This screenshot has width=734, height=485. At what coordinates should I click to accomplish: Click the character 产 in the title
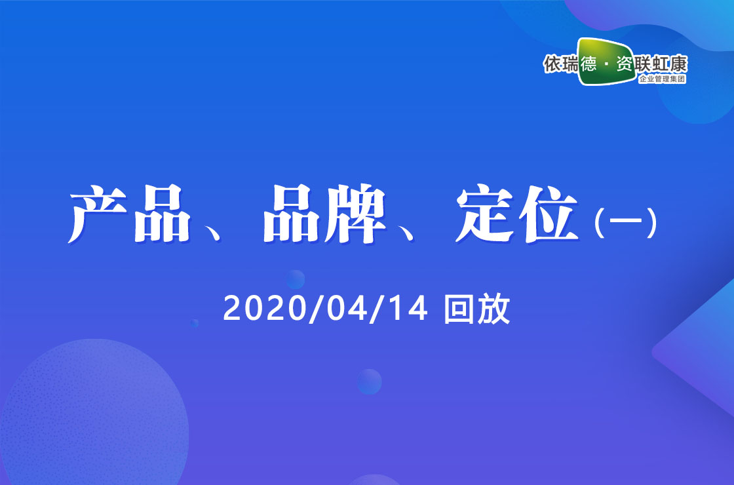pyautogui.click(x=98, y=214)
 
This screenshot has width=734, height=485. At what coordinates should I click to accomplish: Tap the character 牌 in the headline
pyautogui.click(x=356, y=214)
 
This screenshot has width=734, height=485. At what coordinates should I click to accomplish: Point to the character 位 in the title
pyautogui.click(x=549, y=214)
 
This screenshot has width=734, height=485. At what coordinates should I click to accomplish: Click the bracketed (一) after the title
pyautogui.click(x=625, y=223)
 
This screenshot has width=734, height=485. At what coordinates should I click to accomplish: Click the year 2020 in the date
pyautogui.click(x=265, y=309)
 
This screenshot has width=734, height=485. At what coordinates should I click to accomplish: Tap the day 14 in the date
pyautogui.click(x=408, y=309)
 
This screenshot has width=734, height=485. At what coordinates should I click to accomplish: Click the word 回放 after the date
pyautogui.click(x=477, y=309)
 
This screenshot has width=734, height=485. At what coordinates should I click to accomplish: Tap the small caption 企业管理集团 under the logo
pyautogui.click(x=662, y=79)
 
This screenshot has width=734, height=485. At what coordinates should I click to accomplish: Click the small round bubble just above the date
pyautogui.click(x=296, y=279)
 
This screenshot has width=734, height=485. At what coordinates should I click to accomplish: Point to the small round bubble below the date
pyautogui.click(x=370, y=381)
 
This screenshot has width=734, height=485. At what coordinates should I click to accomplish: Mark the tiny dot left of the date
pyautogui.click(x=195, y=323)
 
